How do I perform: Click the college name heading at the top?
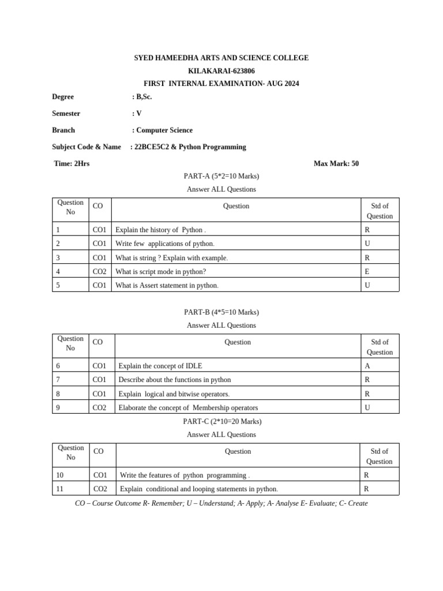(221, 58)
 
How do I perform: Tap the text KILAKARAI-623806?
(221, 71)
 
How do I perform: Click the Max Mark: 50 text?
(336, 163)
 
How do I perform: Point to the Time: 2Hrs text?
(72, 163)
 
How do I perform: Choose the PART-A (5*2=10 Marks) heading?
(221, 176)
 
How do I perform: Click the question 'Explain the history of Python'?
(160, 230)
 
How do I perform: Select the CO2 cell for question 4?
(100, 271)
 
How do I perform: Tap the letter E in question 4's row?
(367, 271)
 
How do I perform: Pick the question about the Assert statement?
(167, 285)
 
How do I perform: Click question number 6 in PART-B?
(58, 366)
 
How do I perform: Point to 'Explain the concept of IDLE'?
(160, 366)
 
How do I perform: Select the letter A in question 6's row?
(367, 366)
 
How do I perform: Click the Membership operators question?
(188, 407)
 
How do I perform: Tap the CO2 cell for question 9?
(100, 407)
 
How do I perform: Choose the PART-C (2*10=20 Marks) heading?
(221, 421)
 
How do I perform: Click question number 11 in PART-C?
(60, 489)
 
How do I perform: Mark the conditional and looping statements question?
(198, 489)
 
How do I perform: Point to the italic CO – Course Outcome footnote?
(221, 503)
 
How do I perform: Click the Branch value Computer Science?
(164, 130)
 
